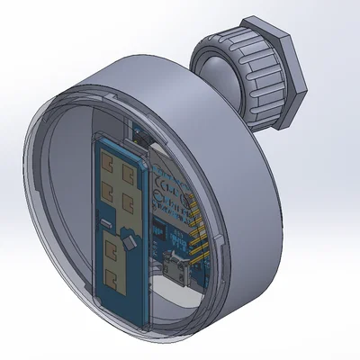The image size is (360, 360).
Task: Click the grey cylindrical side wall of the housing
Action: click(252, 207)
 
